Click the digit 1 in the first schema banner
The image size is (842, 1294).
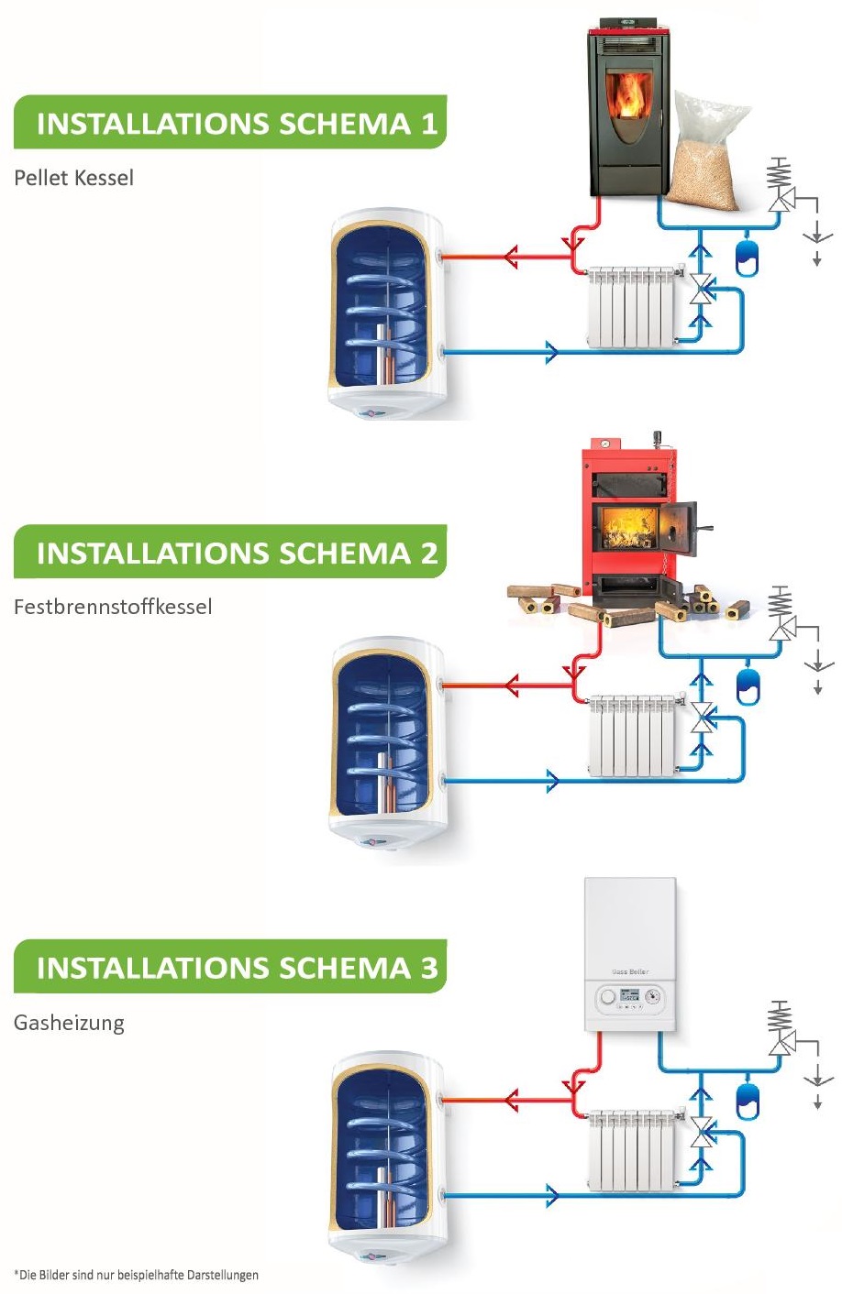pyautogui.click(x=429, y=124)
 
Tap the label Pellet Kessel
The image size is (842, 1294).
pyautogui.click(x=73, y=178)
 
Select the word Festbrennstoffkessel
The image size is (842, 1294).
pyautogui.click(x=113, y=607)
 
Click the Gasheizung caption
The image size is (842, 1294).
pyautogui.click(x=69, y=1023)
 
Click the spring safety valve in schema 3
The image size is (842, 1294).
pyautogui.click(x=781, y=1027)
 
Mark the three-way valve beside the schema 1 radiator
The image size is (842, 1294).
pyautogui.click(x=702, y=289)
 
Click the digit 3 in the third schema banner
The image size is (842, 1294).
pyautogui.click(x=429, y=968)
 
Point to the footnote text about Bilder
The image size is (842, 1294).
pyautogui.click(x=136, y=1275)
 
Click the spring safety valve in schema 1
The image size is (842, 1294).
pyautogui.click(x=780, y=185)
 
